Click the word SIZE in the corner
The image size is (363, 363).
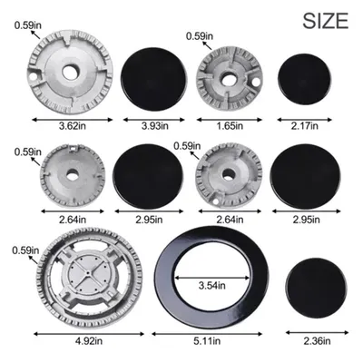click(x=326, y=21)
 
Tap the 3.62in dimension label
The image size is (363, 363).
click(x=73, y=125)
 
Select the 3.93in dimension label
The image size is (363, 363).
click(x=155, y=125)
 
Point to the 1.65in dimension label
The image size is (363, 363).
click(x=230, y=125)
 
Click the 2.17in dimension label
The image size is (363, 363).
click(x=305, y=125)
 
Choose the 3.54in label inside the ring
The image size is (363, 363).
click(x=212, y=285)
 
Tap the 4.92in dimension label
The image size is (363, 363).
click(x=89, y=341)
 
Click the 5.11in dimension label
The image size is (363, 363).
click(x=207, y=341)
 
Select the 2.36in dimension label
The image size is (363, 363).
click(x=317, y=341)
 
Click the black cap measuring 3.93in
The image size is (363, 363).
click(x=153, y=79)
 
